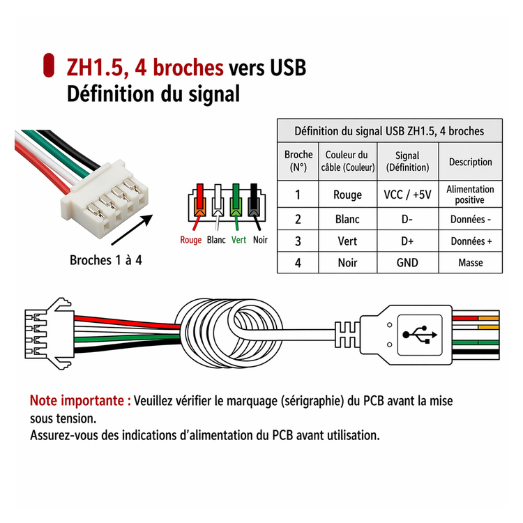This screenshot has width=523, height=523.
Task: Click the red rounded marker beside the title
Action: pyautogui.click(x=49, y=66)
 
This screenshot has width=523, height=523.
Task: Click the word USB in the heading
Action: pyautogui.click(x=288, y=68)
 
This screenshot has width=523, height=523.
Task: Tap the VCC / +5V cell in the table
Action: pyautogui.click(x=407, y=195)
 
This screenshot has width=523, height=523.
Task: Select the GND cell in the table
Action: pyautogui.click(x=407, y=263)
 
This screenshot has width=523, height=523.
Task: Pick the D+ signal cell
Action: pyautogui.click(x=407, y=241)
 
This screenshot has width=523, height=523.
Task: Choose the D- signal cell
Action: pyautogui.click(x=407, y=219)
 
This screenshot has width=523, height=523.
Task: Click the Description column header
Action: pyautogui.click(x=470, y=162)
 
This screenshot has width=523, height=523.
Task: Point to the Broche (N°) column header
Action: pyautogui.click(x=298, y=161)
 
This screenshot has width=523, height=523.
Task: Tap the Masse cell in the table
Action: pyautogui.click(x=470, y=263)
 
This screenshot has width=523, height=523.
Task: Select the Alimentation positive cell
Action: pyautogui.click(x=470, y=195)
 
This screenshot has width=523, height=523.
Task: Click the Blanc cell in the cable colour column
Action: pyautogui.click(x=347, y=219)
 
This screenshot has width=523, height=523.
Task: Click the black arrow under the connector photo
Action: pyautogui.click(x=132, y=230)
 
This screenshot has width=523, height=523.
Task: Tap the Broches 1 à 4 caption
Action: pyautogui.click(x=106, y=260)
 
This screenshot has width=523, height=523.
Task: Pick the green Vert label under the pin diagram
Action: pyautogui.click(x=238, y=240)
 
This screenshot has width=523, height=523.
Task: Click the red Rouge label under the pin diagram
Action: pyautogui.click(x=191, y=240)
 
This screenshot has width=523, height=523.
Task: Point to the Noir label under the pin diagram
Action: pyautogui.click(x=260, y=240)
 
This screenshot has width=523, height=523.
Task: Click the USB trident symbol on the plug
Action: pyautogui.click(x=420, y=335)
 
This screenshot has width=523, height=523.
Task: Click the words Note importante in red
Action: pyautogui.click(x=80, y=400)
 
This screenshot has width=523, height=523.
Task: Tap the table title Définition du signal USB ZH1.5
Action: pyautogui.click(x=389, y=131)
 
